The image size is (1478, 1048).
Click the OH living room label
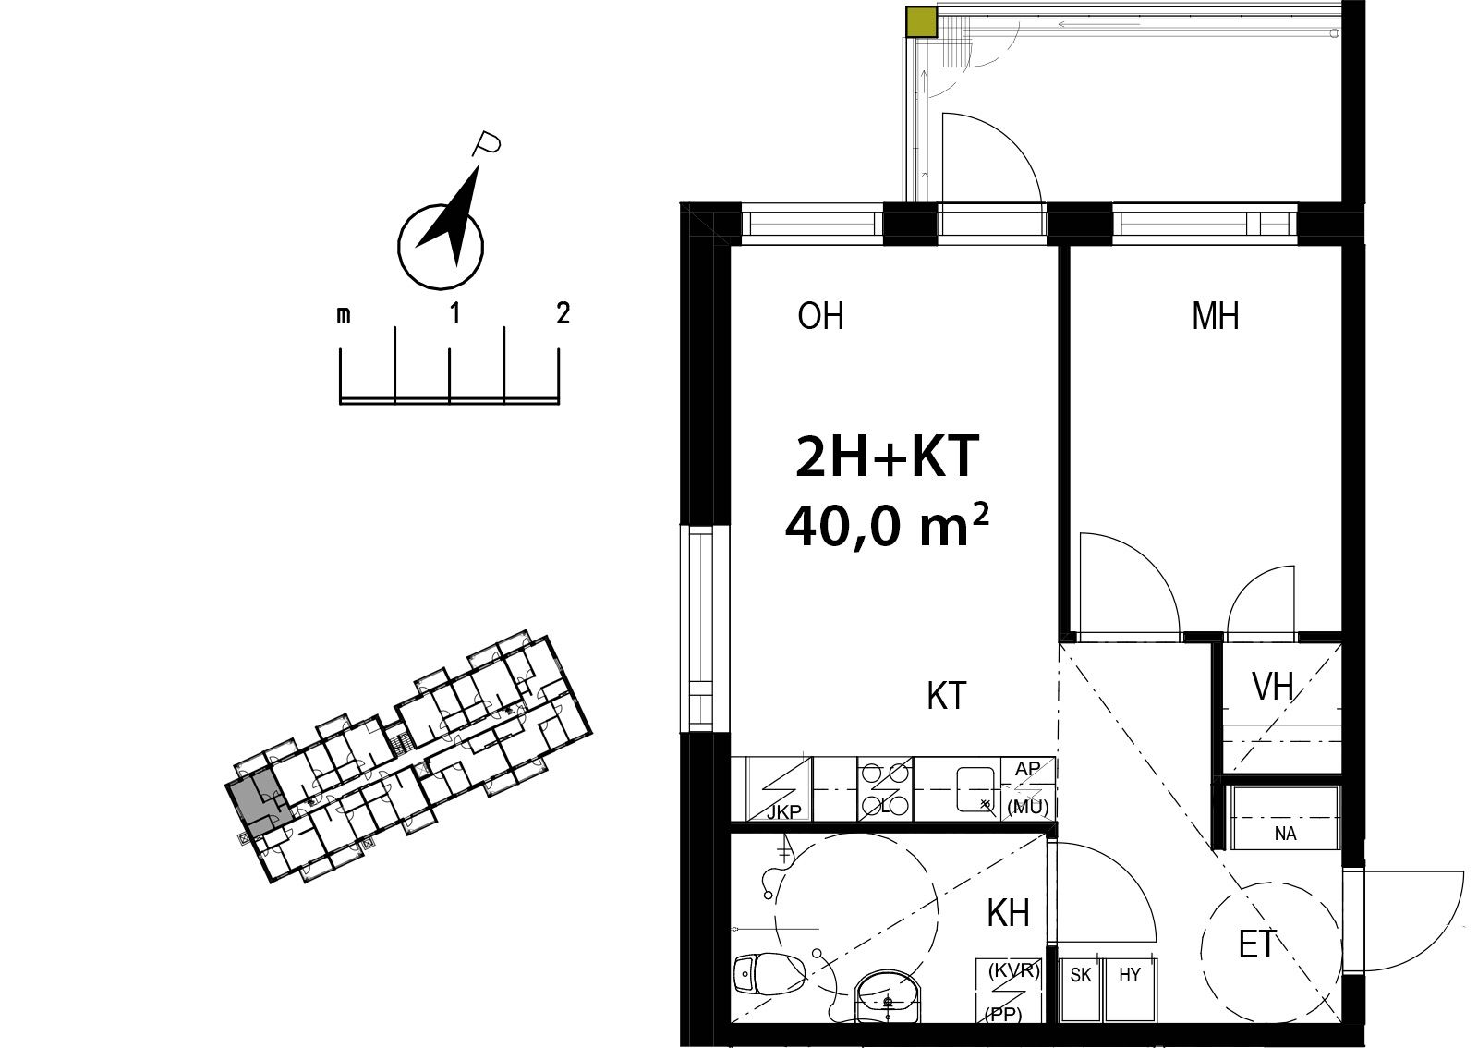820,316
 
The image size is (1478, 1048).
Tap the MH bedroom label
1215,316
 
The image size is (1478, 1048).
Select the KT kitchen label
946,696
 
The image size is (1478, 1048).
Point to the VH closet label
1273,687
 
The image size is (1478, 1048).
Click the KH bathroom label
1008,914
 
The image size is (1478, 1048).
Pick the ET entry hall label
1257,944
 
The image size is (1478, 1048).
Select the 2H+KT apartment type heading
887,456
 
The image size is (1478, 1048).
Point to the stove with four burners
886,788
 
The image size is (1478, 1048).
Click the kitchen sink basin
975,788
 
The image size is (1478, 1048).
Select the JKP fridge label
784,812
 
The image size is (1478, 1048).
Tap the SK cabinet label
1081,975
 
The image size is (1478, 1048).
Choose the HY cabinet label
1130,975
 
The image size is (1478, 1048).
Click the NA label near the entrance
1285,834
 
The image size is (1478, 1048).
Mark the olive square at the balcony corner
921,21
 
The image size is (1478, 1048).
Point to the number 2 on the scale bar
563,312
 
